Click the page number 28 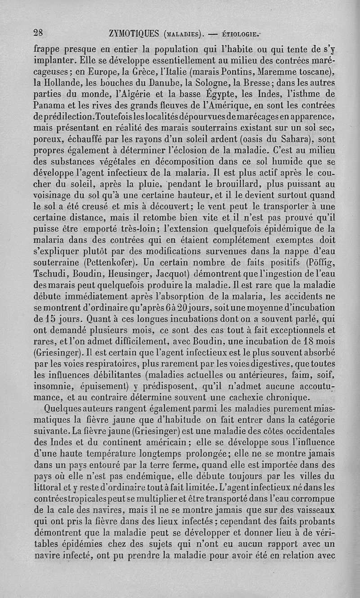tap(38, 32)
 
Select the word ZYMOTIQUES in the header tap(134, 33)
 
